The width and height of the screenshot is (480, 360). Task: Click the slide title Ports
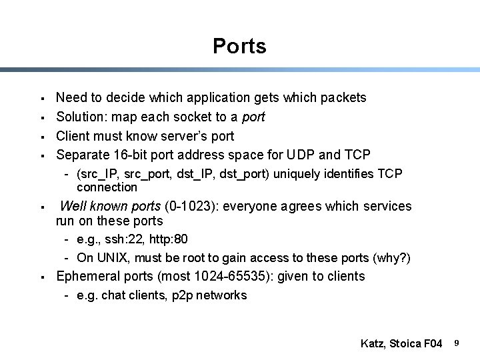[239, 46]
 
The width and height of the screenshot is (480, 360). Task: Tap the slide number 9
[457, 343]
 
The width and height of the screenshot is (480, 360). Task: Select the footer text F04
[431, 344]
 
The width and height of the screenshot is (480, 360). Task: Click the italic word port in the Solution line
[253, 117]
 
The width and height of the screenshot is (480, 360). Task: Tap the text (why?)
[394, 258]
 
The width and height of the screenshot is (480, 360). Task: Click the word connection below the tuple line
[107, 187]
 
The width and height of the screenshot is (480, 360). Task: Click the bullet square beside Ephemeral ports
[42, 277]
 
